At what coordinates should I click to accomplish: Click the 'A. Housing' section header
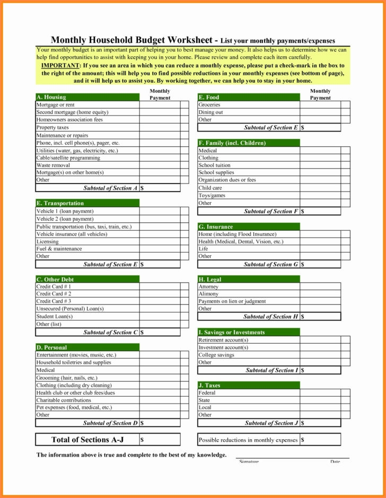coord(51,98)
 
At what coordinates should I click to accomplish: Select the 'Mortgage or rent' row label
coord(55,105)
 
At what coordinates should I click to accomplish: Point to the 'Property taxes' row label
coord(52,127)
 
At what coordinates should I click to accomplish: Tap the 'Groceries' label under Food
coord(209,105)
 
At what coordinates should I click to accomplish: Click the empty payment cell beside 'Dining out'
coord(320,112)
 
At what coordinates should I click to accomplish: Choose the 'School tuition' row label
coord(215,165)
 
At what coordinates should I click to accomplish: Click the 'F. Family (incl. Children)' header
coord(232,143)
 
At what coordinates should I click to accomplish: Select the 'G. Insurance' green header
coord(216,226)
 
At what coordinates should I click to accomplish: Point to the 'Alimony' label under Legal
coord(208,294)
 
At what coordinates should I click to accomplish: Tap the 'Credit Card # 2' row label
coord(54,293)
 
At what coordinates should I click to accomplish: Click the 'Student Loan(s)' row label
coord(55,316)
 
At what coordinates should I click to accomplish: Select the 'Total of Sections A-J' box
coord(87,440)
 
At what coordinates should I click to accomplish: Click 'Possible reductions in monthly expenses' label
coord(248,440)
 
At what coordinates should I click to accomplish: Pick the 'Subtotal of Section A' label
coord(110,188)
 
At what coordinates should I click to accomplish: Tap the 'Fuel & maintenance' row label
coord(59,249)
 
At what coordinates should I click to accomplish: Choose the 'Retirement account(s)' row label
coord(223,340)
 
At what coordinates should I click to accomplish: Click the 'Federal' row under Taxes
coord(207,393)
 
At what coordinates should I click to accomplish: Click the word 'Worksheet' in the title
coord(190,40)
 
